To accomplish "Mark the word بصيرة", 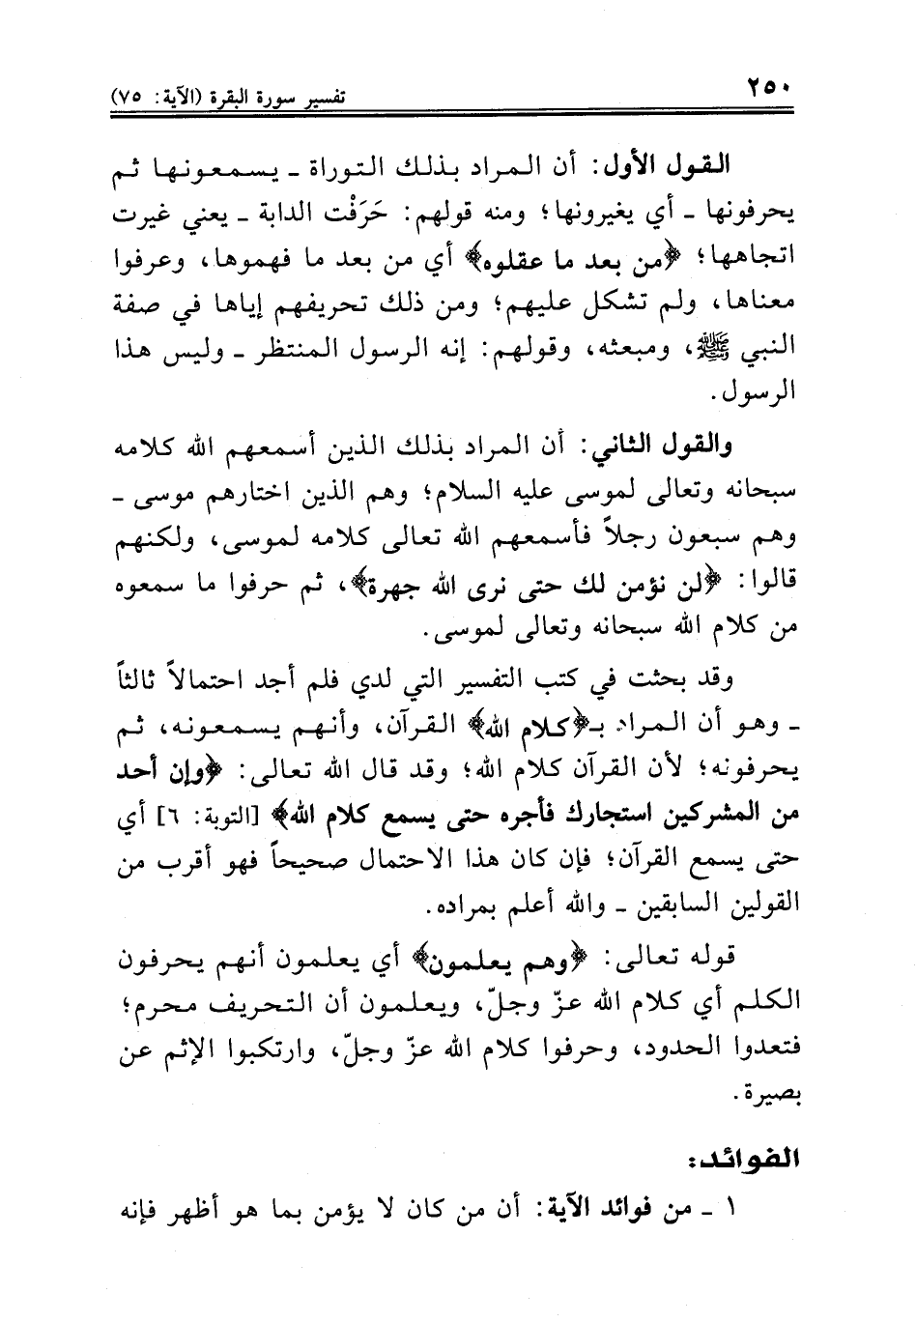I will [762, 1095].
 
